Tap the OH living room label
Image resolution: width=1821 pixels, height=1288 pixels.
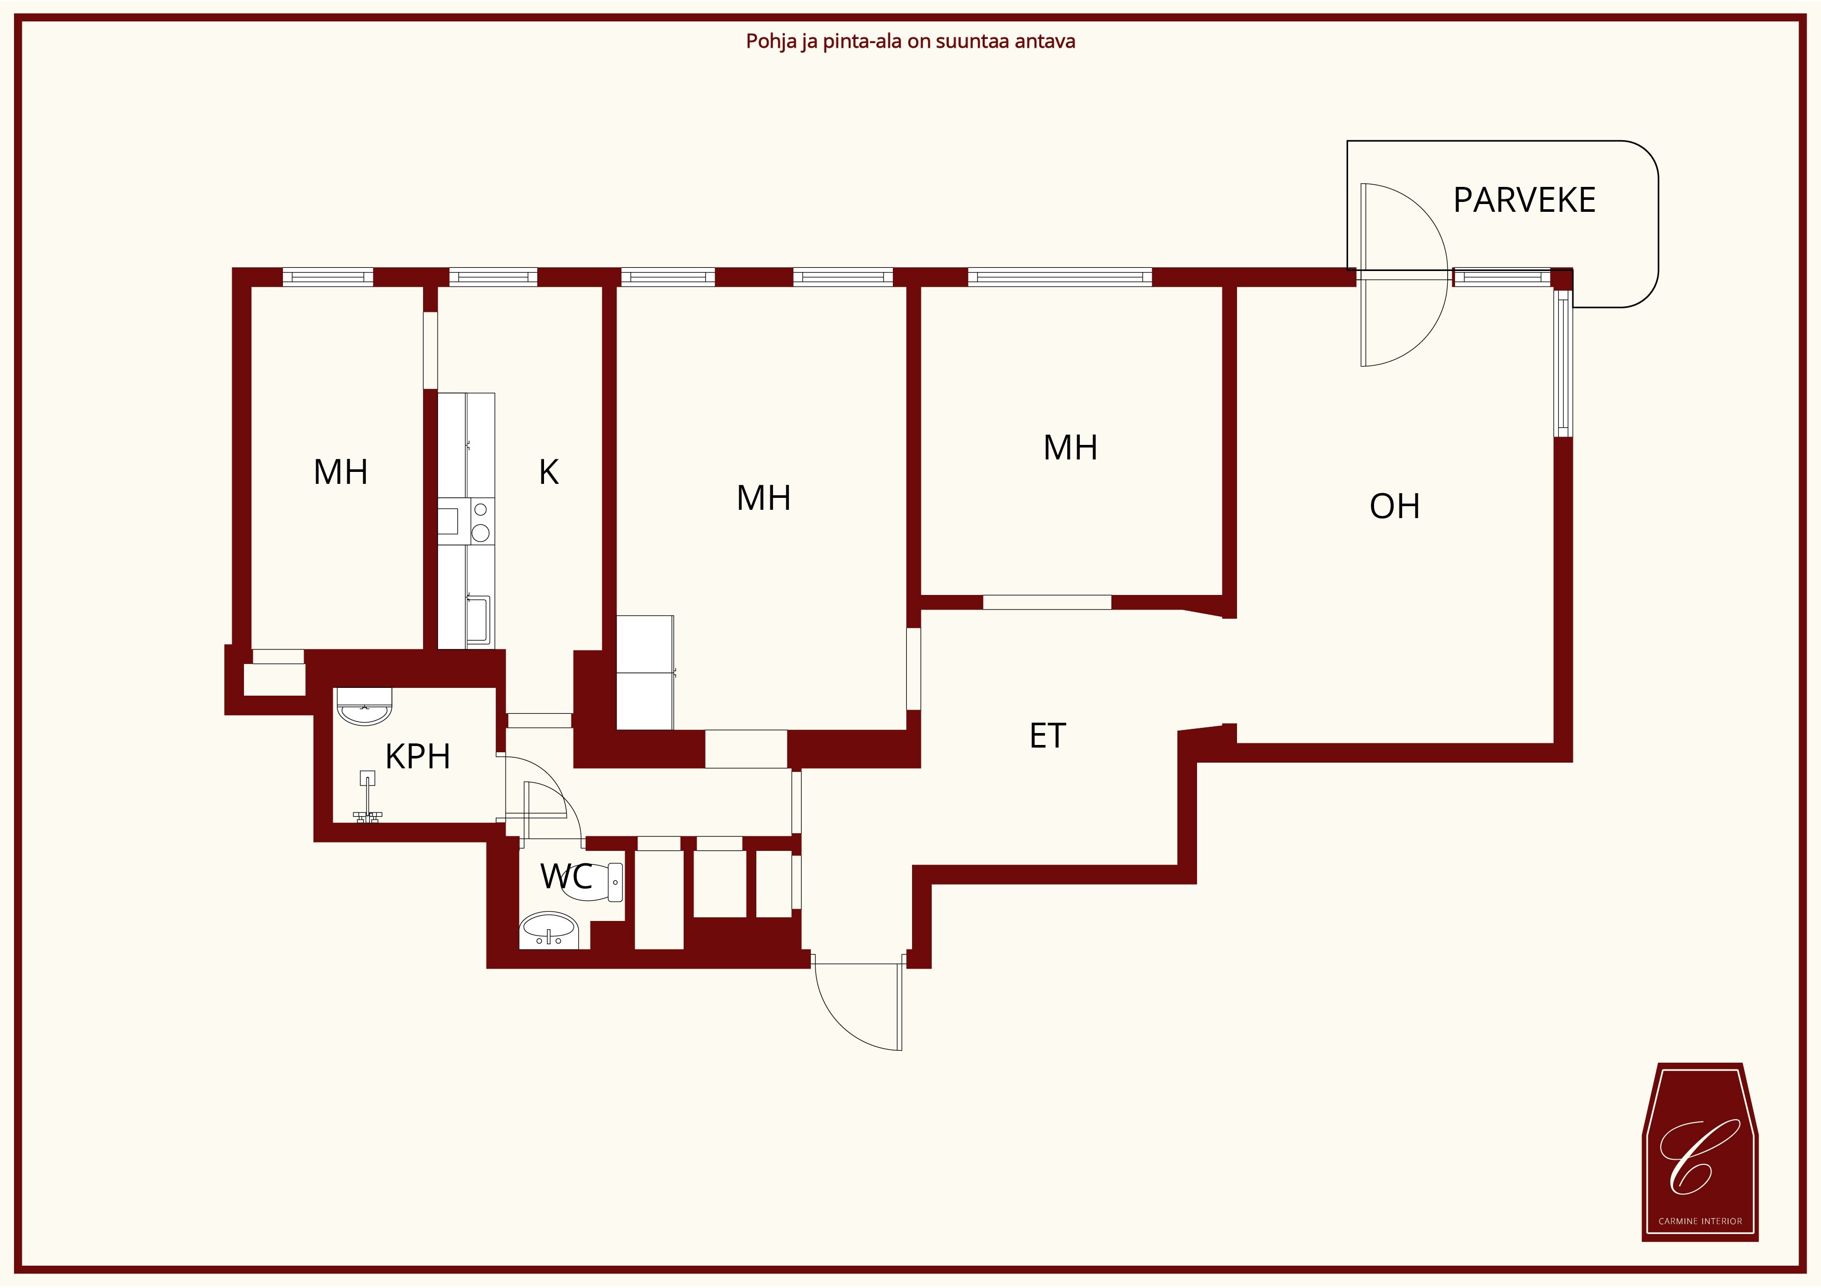(x=1394, y=506)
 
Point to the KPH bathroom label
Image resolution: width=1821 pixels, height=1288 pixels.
(x=417, y=756)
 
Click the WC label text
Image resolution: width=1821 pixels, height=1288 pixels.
(x=566, y=876)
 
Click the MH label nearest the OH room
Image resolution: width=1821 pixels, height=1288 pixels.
(x=1070, y=448)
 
